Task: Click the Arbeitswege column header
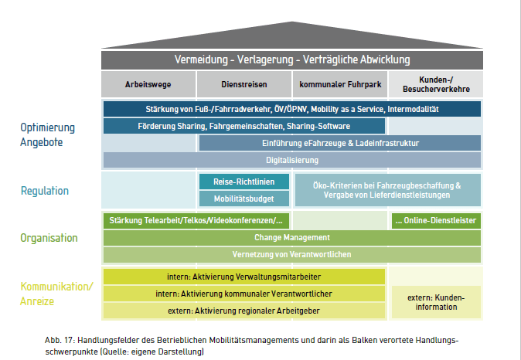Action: point(148,84)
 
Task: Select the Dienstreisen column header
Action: point(243,84)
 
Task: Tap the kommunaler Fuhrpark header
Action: point(339,84)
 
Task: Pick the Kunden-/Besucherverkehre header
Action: point(435,84)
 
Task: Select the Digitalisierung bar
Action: point(292,160)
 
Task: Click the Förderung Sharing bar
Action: point(243,126)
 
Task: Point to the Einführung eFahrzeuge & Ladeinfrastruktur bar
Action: point(340,143)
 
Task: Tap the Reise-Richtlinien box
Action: point(244,182)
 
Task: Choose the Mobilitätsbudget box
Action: point(244,199)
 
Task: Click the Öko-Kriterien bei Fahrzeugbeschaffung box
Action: point(387,190)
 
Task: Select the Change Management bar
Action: point(292,237)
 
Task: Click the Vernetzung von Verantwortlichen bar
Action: point(292,254)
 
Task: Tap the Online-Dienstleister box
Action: point(435,220)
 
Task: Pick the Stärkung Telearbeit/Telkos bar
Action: point(196,220)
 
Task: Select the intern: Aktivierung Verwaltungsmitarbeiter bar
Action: point(243,277)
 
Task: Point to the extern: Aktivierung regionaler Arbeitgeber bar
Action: point(243,311)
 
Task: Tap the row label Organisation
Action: point(49,238)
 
